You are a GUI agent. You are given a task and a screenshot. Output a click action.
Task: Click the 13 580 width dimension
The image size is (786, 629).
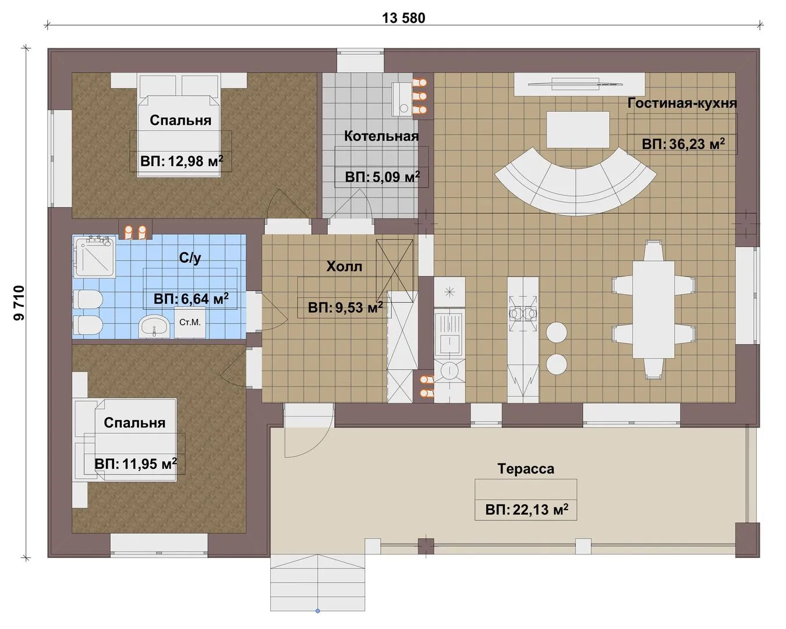[403, 18]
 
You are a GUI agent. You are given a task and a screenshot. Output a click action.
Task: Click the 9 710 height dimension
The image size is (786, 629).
[19, 303]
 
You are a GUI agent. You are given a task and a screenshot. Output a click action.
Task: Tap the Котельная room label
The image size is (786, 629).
[381, 136]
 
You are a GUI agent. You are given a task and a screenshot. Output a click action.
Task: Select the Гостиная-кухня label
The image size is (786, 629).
[682, 103]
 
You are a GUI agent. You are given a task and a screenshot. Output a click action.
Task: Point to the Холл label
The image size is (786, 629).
[344, 266]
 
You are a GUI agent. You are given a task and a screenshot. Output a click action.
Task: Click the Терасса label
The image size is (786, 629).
[526, 469]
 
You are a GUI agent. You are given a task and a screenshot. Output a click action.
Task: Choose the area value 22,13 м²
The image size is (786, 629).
[540, 510]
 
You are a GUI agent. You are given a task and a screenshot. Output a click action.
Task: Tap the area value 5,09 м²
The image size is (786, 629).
[396, 177]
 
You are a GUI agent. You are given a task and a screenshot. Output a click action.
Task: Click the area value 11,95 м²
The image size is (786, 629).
[150, 464]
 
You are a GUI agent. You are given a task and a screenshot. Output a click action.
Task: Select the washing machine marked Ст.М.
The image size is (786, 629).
[190, 322]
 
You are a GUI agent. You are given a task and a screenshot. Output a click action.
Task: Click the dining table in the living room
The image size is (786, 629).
[653, 309]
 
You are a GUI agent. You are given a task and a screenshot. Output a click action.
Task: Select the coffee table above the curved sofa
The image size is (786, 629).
[578, 129]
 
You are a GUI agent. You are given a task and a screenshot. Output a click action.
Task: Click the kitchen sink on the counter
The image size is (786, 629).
[449, 332]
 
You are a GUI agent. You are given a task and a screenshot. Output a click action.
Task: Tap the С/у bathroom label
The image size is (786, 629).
[190, 258]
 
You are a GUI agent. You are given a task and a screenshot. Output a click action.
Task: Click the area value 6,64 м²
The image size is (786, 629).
[204, 299]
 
